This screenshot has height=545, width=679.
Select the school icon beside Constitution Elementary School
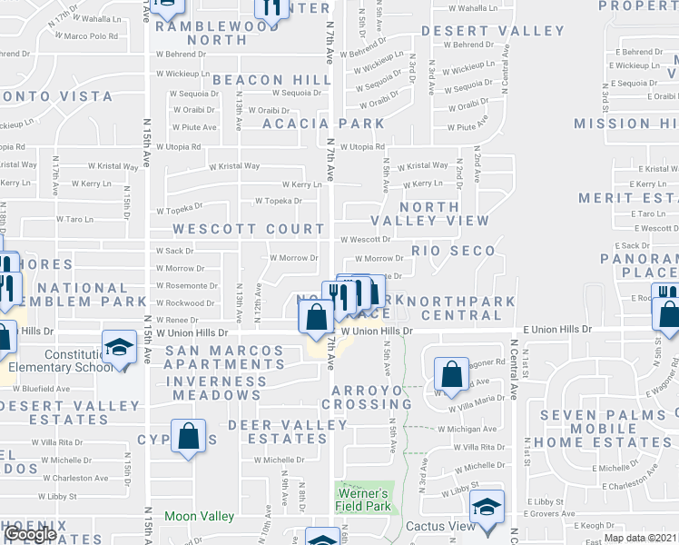pos(119,349)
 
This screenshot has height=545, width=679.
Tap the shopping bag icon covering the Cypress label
pos(188,436)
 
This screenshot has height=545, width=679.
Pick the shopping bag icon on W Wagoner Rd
pos(451,372)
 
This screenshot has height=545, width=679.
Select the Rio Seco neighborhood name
pos(453,251)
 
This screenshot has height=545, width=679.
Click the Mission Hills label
pos(625,124)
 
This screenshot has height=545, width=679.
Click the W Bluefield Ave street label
pos(59,388)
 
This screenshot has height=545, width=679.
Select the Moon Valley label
pos(199,516)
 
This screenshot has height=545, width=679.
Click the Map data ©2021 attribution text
pos(640,538)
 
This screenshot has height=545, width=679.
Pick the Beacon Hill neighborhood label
pos(271,80)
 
